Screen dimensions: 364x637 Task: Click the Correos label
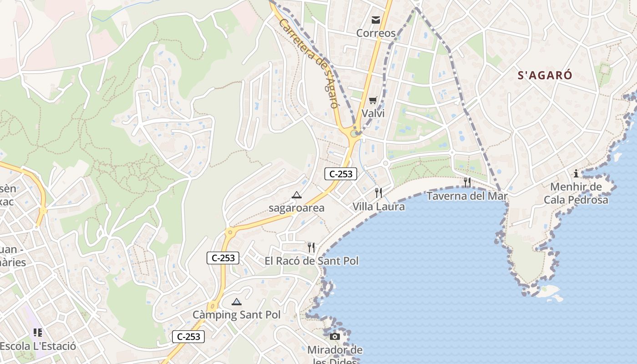pyautogui.click(x=376, y=33)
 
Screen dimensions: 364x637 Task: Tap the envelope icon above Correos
pyautogui.click(x=376, y=20)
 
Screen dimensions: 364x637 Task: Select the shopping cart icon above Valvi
pyautogui.click(x=373, y=100)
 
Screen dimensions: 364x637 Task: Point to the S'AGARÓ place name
pyautogui.click(x=545, y=76)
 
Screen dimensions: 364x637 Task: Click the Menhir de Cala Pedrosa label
pyautogui.click(x=576, y=193)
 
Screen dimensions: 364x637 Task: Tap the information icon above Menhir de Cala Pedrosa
pyautogui.click(x=576, y=173)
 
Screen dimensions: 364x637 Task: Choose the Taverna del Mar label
pyautogui.click(x=467, y=196)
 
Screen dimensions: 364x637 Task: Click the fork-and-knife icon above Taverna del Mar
pyautogui.click(x=467, y=182)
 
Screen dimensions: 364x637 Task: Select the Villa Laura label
pyautogui.click(x=379, y=207)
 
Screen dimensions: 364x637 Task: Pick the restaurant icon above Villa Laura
pyautogui.click(x=379, y=193)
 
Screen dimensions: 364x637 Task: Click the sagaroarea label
pyautogui.click(x=297, y=208)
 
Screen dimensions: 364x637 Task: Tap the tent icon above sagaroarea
pyautogui.click(x=297, y=195)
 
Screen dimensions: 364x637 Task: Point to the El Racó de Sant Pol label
pyautogui.click(x=312, y=261)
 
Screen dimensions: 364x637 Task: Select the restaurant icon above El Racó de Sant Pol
pyautogui.click(x=311, y=248)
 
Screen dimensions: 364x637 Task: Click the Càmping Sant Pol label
pyautogui.click(x=237, y=314)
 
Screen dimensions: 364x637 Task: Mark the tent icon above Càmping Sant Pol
pyautogui.click(x=237, y=301)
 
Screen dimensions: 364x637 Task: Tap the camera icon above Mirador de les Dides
pyautogui.click(x=335, y=337)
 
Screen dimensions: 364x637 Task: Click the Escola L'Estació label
pyautogui.click(x=38, y=346)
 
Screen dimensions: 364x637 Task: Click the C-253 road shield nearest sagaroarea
pyautogui.click(x=341, y=173)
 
